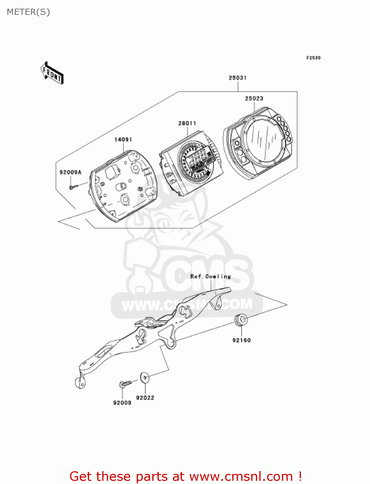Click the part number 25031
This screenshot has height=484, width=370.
[237, 78]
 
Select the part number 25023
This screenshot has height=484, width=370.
[254, 98]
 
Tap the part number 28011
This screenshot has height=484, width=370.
[187, 123]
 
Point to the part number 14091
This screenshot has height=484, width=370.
[123, 139]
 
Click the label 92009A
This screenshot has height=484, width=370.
[70, 172]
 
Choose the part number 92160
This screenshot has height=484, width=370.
[241, 340]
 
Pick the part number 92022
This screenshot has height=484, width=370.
[145, 398]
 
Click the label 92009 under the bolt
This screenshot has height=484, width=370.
[122, 403]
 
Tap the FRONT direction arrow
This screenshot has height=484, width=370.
[52, 73]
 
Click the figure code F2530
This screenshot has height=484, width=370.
[313, 58]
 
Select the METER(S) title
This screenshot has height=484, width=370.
[28, 12]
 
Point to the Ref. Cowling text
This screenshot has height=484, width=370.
[211, 277]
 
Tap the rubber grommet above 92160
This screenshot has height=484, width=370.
[241, 320]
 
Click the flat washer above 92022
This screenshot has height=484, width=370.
[144, 377]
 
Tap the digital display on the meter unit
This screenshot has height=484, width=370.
[197, 159]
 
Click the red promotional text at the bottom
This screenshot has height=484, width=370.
[185, 476]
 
